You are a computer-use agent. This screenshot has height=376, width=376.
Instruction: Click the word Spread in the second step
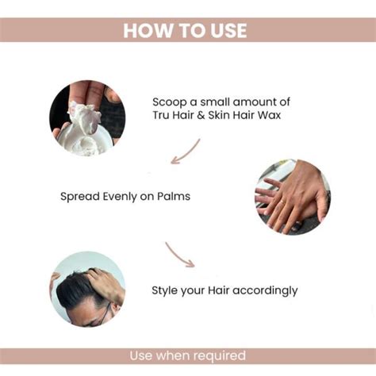coord(79,195)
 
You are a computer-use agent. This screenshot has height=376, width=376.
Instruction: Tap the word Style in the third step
coord(166,290)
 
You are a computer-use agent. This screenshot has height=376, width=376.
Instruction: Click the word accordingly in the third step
coord(266,290)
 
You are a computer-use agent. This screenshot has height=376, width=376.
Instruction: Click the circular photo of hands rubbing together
coord(291,196)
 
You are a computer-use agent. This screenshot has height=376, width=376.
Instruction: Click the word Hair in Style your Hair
coord(217,290)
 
